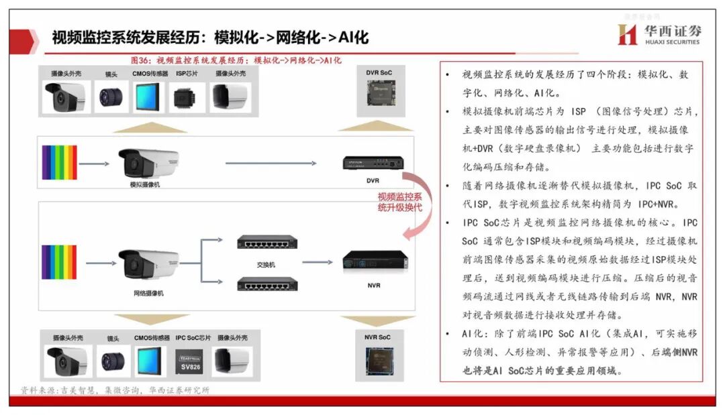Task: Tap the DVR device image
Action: pos(373,162)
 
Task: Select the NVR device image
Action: pos(375,260)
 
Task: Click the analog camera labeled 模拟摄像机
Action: pos(148,162)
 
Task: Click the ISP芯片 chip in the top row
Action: pos(187,97)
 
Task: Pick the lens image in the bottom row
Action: pos(112,362)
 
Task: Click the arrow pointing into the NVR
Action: pos(322,261)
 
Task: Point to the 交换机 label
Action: pos(266,264)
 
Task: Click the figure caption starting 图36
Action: pos(236,60)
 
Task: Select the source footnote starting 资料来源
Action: pos(115,390)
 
